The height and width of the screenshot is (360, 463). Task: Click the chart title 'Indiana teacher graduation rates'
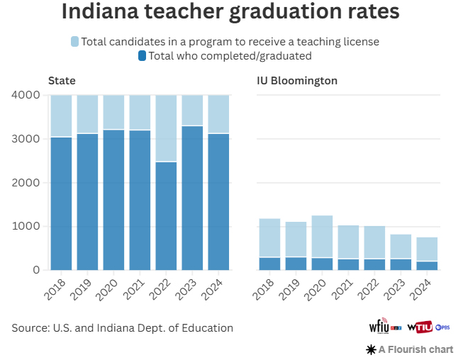click(230, 13)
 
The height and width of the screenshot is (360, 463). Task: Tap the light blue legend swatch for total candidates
click(75, 42)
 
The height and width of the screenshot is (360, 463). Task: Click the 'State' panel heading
click(62, 80)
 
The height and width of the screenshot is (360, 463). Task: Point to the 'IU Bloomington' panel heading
click(296, 80)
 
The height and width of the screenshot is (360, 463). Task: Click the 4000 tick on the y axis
click(28, 95)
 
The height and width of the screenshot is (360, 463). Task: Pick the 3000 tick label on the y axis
click(28, 139)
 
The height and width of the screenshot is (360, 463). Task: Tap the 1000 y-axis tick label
click(28, 227)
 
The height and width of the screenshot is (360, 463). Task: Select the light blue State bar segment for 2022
click(166, 128)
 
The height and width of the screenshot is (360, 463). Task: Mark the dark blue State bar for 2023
click(192, 198)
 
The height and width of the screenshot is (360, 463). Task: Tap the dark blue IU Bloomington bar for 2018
click(269, 264)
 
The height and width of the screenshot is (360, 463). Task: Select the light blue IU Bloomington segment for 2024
click(427, 249)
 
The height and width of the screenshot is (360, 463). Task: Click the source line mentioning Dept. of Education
click(122, 328)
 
